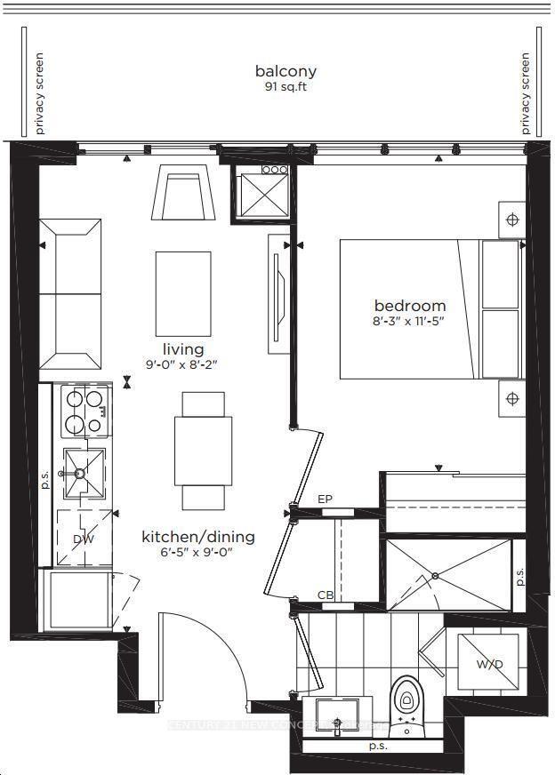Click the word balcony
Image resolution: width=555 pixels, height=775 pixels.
click(286, 71)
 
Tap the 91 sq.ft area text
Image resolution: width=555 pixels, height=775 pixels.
click(286, 87)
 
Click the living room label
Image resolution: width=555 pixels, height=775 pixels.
click(183, 349)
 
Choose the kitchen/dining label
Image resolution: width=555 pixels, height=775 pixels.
click(198, 537)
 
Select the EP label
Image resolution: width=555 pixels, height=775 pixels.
click(325, 500)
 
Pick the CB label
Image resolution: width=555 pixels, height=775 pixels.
click(326, 595)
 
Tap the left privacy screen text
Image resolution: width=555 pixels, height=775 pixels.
click(39, 93)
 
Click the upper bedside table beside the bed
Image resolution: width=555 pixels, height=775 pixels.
click(511, 220)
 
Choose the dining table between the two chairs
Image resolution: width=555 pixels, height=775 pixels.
click(202, 449)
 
